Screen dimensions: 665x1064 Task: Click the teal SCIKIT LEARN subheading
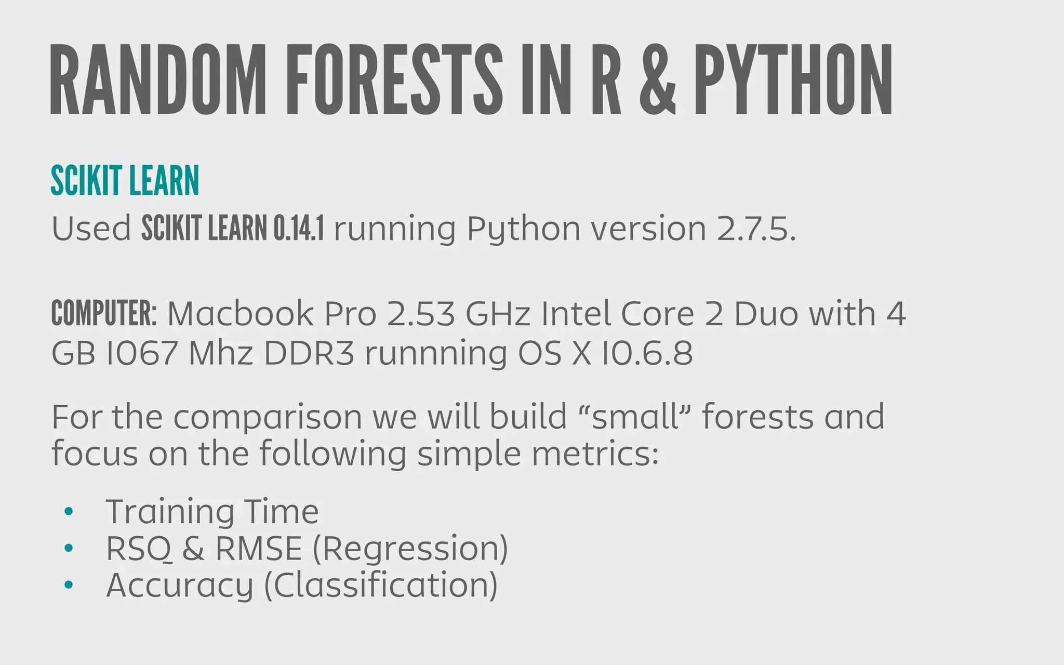pos(125,181)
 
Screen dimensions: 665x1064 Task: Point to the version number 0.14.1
pos(299,229)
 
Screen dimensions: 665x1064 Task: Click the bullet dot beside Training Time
pos(68,512)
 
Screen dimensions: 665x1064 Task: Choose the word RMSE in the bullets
pos(258,549)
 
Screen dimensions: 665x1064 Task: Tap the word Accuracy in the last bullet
pos(179,586)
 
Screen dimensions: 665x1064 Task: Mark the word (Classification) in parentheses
pos(381,586)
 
